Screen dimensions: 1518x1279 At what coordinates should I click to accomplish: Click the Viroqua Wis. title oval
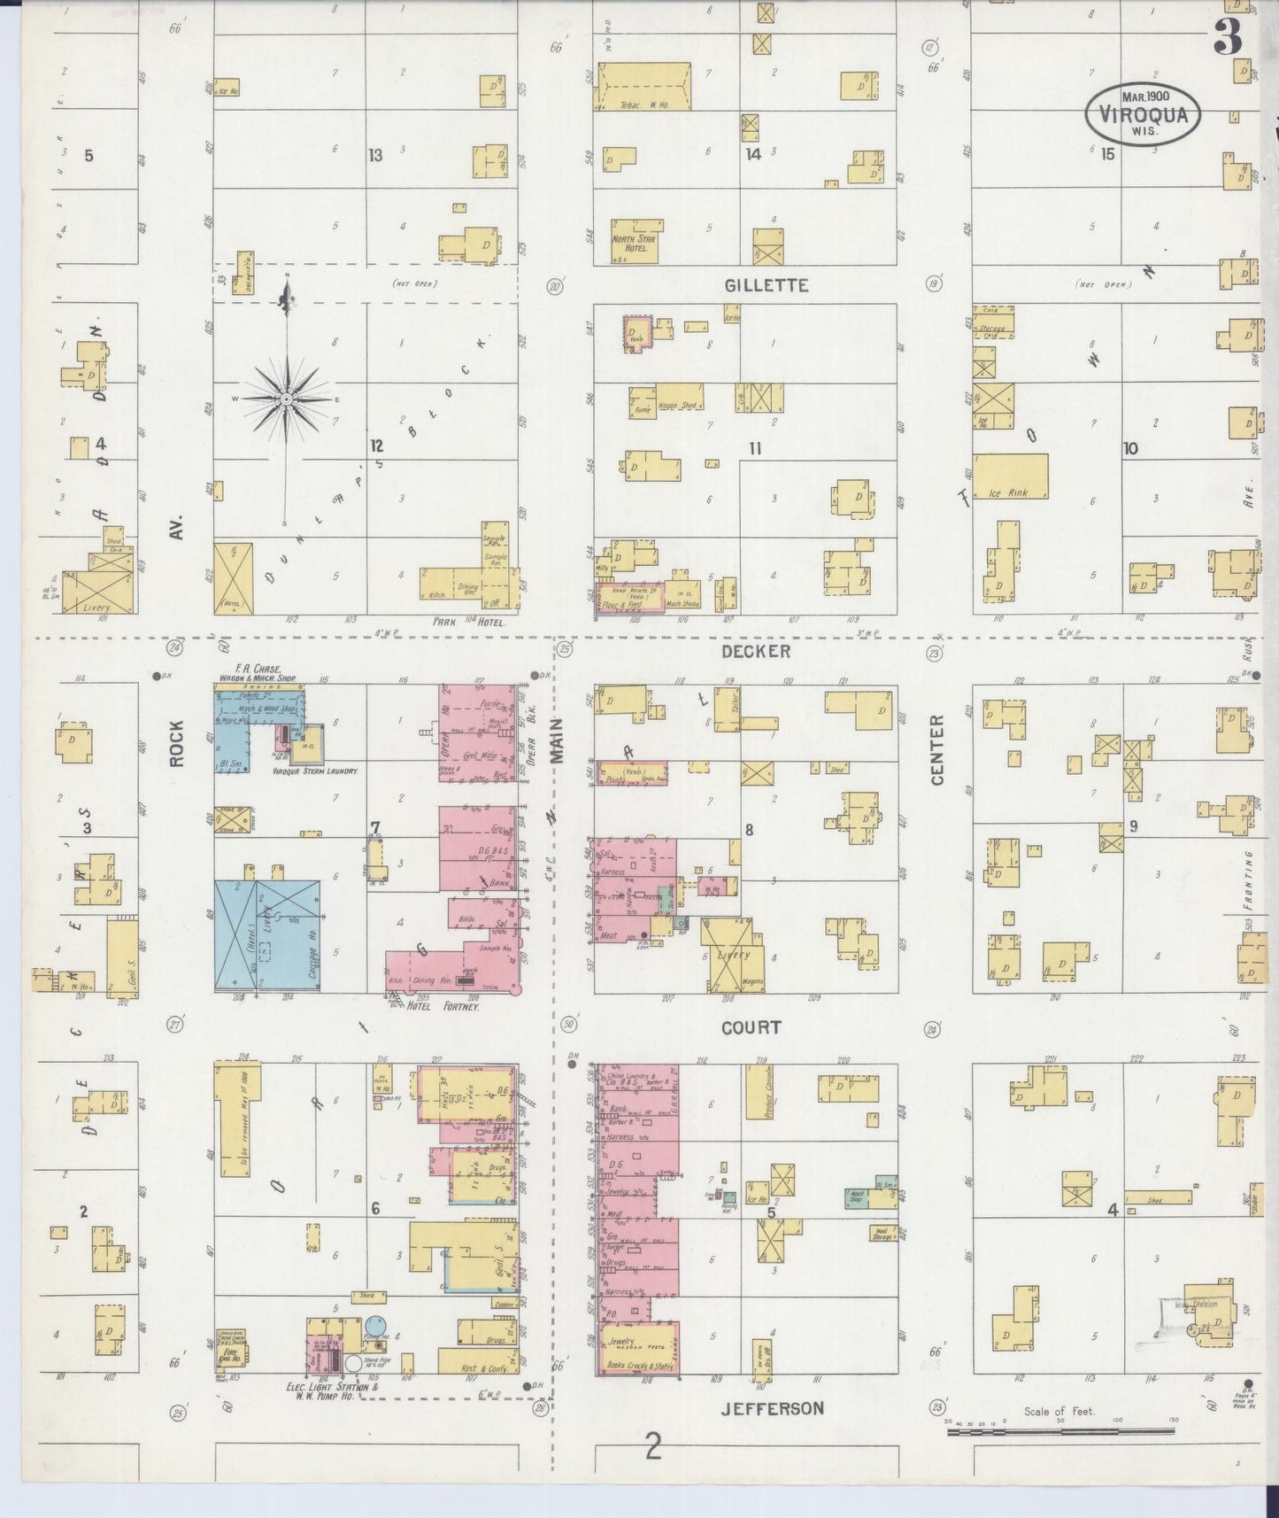click(1144, 112)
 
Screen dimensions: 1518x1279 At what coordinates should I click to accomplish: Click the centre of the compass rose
click(287, 399)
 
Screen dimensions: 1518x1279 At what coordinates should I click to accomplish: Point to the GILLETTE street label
click(767, 285)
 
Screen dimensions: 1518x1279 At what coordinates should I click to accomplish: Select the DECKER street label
click(755, 651)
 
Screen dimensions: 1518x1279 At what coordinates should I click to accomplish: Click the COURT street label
click(751, 1027)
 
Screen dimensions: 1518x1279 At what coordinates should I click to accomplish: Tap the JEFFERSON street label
click(772, 1408)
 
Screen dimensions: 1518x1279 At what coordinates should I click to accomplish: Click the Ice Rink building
click(1010, 476)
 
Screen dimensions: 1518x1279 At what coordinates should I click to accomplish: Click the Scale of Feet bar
click(1062, 1431)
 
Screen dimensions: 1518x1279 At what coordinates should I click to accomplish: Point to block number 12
click(377, 445)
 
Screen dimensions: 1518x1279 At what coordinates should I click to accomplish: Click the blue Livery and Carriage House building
click(267, 935)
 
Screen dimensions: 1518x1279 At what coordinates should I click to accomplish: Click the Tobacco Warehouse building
click(642, 87)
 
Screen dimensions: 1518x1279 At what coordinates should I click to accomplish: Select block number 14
click(753, 154)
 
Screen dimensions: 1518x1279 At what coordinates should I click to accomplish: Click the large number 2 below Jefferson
click(653, 1447)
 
